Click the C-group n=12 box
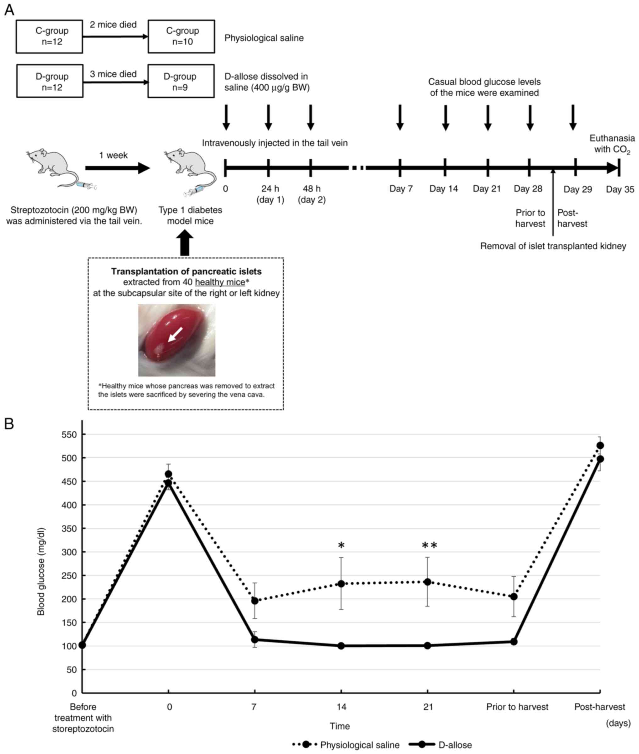click(x=49, y=37)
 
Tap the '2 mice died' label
click(x=113, y=25)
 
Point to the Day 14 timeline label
click(x=443, y=189)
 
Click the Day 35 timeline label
click(x=620, y=189)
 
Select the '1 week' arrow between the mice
click(x=117, y=168)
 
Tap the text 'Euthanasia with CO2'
click(x=612, y=144)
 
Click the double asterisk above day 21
click(x=429, y=546)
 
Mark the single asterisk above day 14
click(x=341, y=546)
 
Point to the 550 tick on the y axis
click(x=69, y=434)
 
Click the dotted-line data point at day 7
click(x=255, y=601)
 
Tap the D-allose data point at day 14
click(x=341, y=646)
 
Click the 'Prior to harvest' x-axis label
click(x=517, y=707)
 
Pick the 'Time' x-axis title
click(x=339, y=726)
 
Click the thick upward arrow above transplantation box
click(x=185, y=244)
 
